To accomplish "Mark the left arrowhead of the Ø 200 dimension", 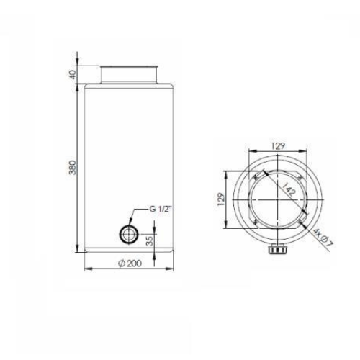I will pyautogui.click(x=86, y=269).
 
